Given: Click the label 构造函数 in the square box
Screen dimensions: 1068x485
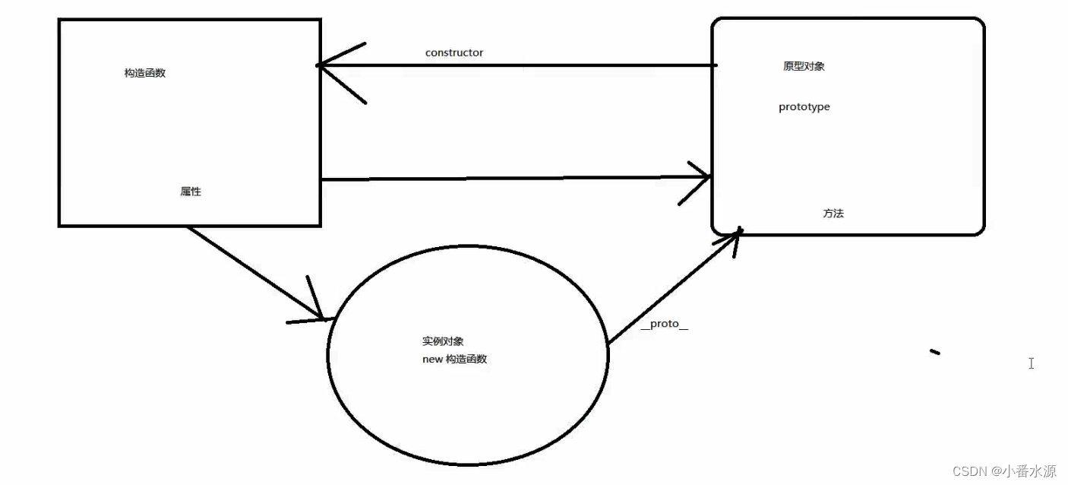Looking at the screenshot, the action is coord(144,73).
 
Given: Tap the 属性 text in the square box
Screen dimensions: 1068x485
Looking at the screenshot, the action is coord(191,192).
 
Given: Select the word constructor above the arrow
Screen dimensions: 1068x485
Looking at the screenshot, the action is coord(453,52).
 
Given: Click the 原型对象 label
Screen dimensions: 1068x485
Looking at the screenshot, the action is coord(804,66).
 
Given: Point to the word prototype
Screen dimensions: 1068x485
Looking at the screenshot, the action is coord(804,107).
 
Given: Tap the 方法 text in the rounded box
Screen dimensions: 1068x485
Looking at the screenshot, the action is coord(833,214).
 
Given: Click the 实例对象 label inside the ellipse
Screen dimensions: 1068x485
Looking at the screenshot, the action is coord(443,341).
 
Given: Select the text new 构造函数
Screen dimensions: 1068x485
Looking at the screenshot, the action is coord(454,359).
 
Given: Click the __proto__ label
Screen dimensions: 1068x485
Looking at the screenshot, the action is coord(664,325).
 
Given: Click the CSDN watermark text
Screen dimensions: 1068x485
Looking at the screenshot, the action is coord(968,471).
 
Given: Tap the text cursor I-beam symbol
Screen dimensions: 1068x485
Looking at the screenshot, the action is coord(1031,363).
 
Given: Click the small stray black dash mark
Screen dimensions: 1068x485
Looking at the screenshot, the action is coord(935,351).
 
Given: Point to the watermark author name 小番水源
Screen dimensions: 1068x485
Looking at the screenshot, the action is coord(1028,471).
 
